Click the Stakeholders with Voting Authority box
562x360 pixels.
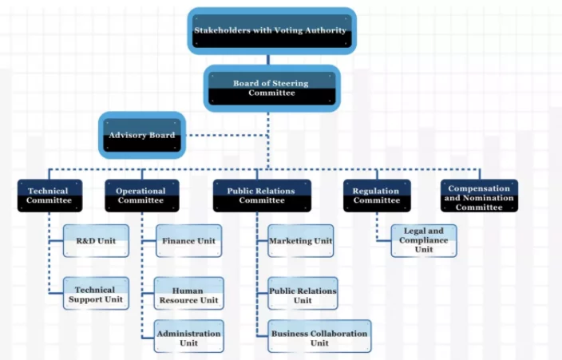click(271, 30)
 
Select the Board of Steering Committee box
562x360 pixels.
click(271, 88)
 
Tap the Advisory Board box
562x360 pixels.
click(141, 135)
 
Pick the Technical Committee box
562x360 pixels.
click(49, 196)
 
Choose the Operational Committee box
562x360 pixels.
click(140, 196)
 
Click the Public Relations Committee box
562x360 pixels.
click(260, 196)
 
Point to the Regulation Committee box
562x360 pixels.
click(377, 196)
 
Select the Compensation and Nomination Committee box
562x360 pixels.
click(479, 196)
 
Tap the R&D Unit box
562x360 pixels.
click(96, 240)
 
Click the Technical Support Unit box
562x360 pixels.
click(96, 294)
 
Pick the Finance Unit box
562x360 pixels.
click(188, 240)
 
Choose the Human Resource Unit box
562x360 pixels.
click(188, 295)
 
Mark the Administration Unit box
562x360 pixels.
click(188, 338)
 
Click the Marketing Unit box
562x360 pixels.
click(300, 240)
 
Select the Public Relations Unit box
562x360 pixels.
click(303, 295)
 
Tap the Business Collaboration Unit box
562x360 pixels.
click(319, 338)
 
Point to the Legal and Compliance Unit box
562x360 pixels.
click(424, 240)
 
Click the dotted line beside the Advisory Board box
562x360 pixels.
click(228, 135)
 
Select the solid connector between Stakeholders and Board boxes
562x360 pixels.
click(269, 59)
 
